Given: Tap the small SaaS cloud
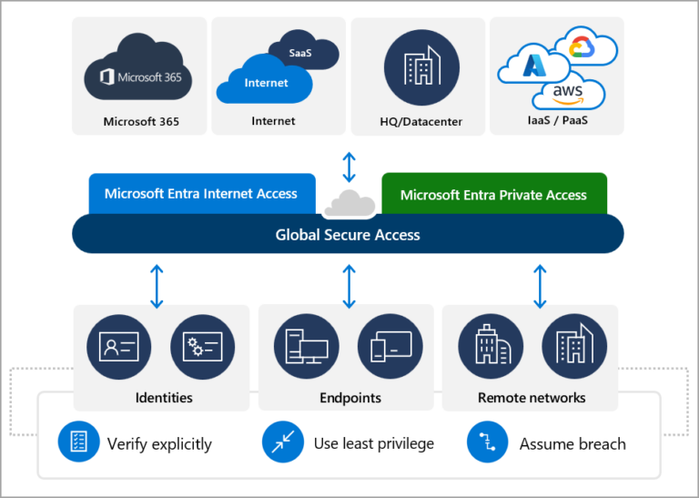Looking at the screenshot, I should [x=299, y=53].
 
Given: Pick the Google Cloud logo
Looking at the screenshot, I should [x=579, y=46].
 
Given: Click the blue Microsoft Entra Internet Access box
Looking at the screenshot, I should [x=201, y=194].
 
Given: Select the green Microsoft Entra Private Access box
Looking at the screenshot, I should [x=493, y=195].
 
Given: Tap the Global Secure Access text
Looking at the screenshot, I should [x=348, y=235].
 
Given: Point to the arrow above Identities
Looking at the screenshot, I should [x=157, y=285].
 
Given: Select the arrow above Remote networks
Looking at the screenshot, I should [x=540, y=285].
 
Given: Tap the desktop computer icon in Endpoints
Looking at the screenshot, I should [x=306, y=347].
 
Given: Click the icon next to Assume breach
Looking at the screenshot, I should [x=484, y=443].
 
